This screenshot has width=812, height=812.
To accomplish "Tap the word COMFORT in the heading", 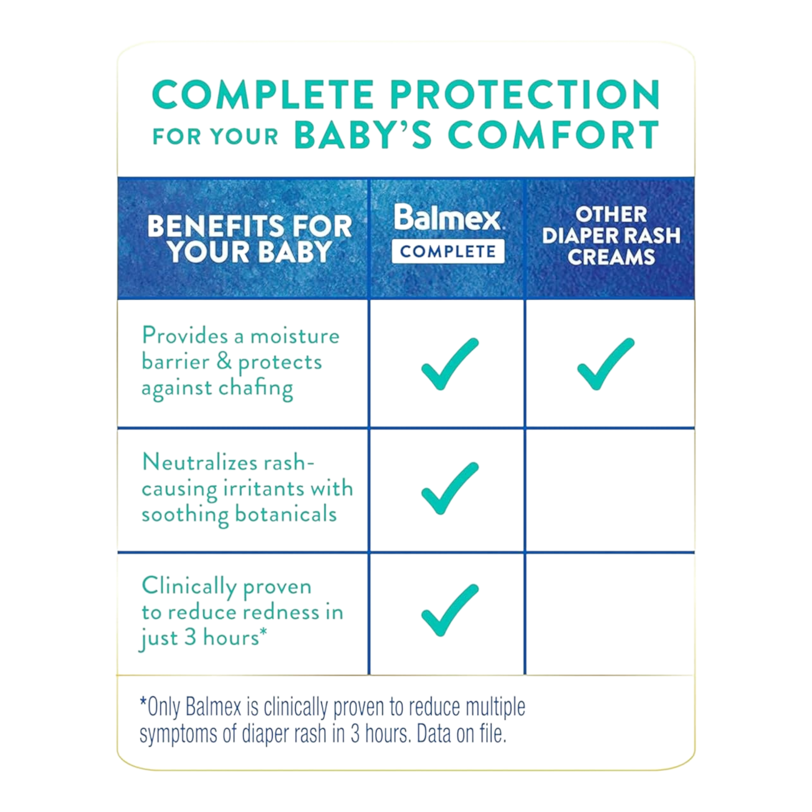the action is [554, 135].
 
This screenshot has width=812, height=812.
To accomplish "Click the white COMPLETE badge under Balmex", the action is [448, 251].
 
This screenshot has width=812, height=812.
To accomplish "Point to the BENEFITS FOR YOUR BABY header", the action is [250, 239].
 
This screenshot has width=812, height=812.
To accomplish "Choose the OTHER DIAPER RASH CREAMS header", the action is [611, 235].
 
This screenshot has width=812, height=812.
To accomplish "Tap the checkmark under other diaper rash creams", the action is [606, 363].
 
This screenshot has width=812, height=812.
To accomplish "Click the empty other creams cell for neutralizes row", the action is [610, 490].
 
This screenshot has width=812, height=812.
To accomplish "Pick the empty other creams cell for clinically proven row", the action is [610, 614].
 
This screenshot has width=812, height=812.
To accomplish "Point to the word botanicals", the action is [286, 514].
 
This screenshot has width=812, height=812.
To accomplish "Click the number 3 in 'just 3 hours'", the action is [190, 637].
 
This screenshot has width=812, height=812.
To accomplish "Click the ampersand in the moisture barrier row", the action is [224, 361].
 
